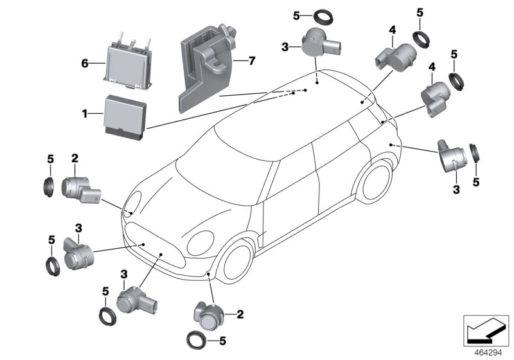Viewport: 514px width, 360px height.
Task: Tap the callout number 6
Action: click(84, 64)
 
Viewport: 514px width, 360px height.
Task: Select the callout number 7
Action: click(252, 62)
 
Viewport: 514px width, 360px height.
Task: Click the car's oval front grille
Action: click(158, 255)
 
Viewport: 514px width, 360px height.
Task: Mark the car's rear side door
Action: click(337, 170)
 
